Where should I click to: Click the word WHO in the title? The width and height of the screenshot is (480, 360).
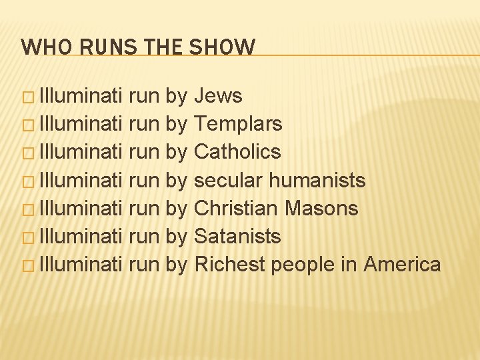[39, 47]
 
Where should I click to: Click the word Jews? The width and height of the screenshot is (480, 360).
[218, 96]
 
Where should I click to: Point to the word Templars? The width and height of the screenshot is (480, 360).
[238, 124]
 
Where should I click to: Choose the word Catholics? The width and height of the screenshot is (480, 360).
[237, 152]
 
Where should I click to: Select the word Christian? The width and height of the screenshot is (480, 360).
[236, 208]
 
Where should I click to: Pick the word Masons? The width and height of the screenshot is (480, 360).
[321, 208]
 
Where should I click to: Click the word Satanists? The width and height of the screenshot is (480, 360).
[237, 236]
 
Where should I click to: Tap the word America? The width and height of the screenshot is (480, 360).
[402, 264]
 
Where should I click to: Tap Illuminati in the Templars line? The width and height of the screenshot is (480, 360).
[81, 124]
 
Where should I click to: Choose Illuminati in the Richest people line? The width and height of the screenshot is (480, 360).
[81, 264]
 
